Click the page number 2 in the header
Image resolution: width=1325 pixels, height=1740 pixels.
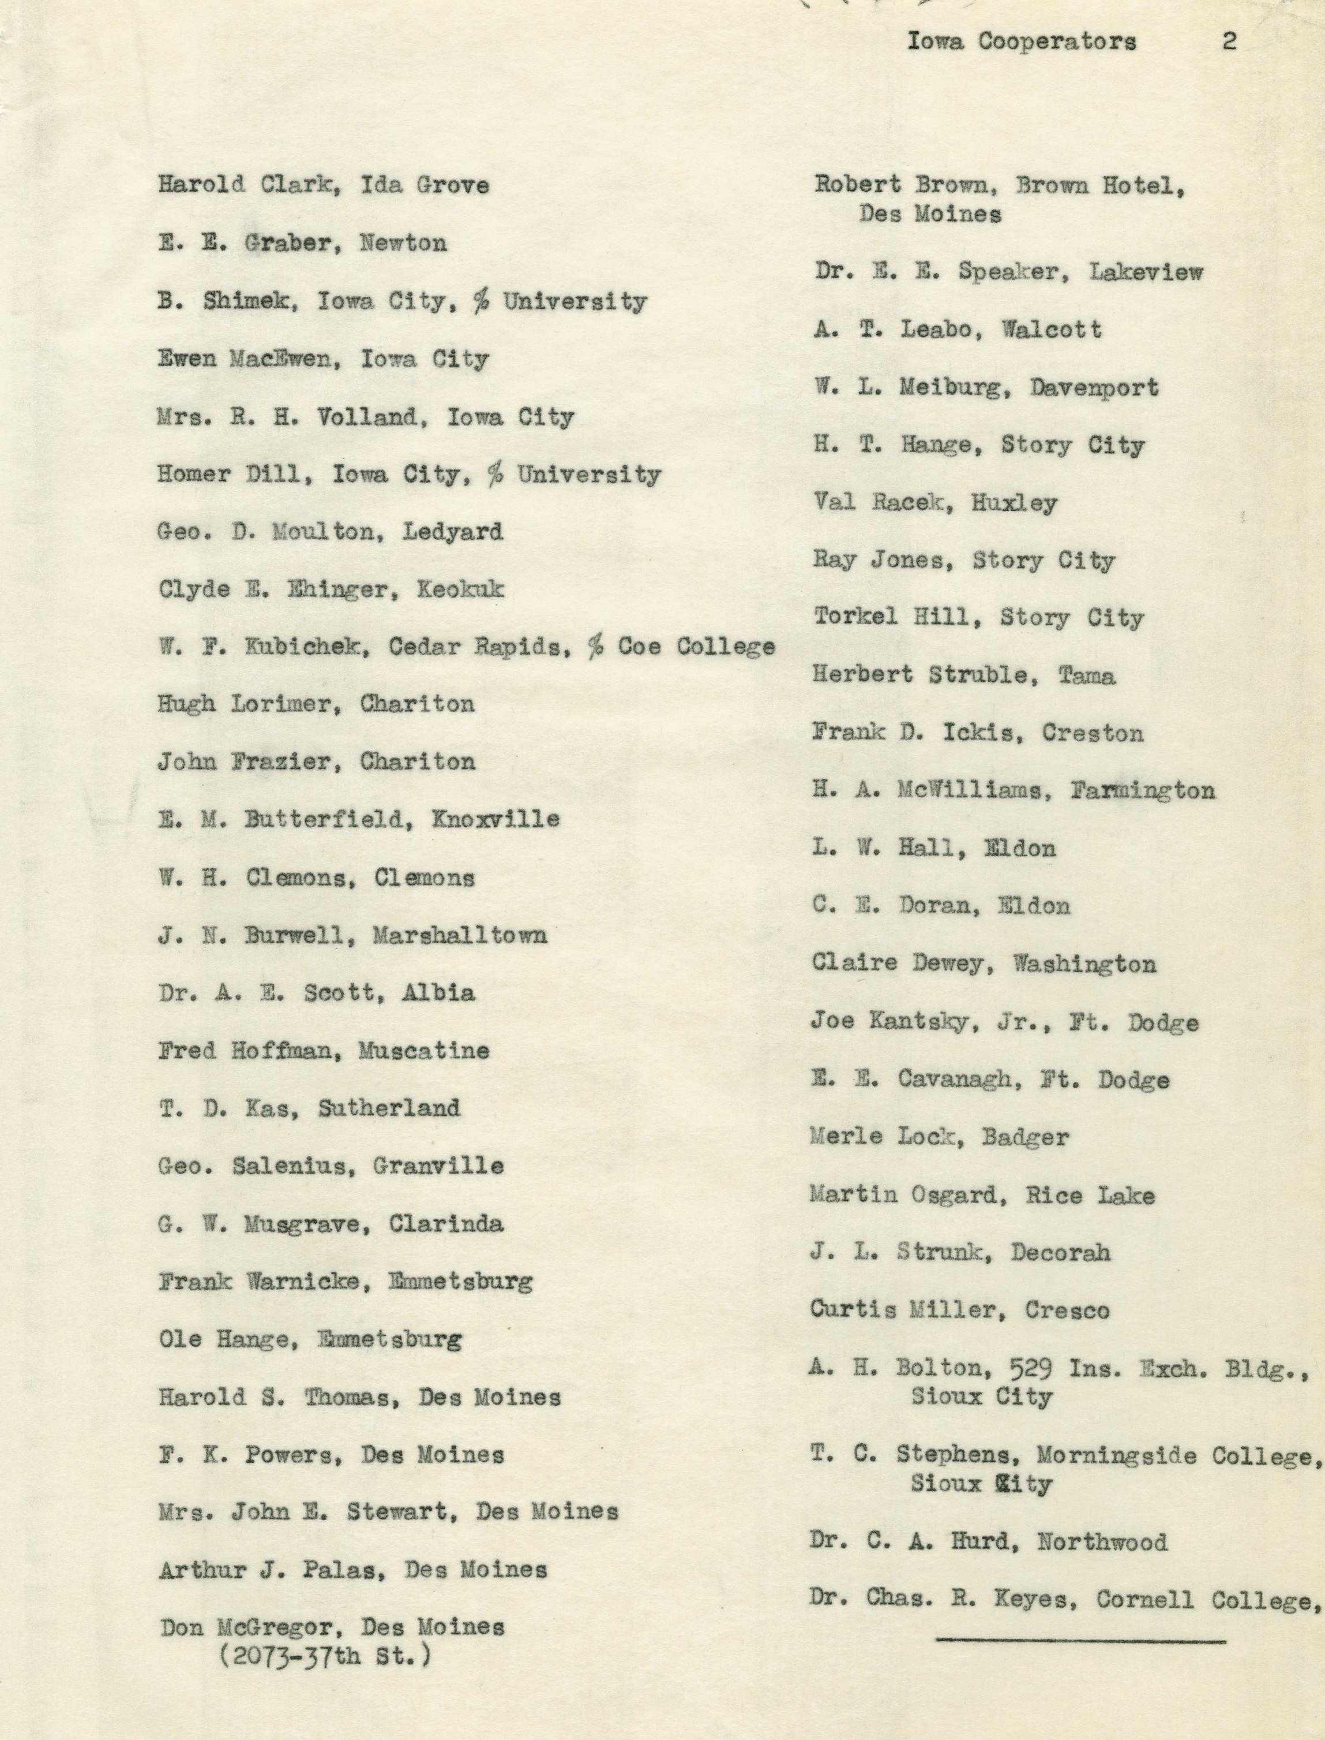[1228, 41]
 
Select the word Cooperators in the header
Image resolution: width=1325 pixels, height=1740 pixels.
[1057, 41]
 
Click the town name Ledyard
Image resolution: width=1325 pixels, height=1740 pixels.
[453, 531]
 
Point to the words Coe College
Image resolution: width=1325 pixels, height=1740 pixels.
[696, 647]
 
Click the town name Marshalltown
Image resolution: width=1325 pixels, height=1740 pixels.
[460, 935]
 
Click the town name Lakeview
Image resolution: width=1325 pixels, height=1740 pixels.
[1146, 272]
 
